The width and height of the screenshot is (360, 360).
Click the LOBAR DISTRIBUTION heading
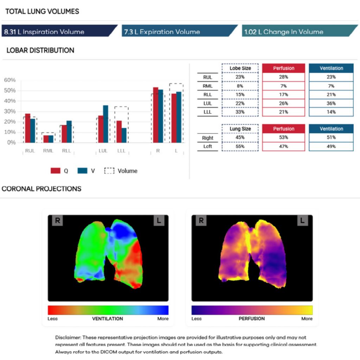click(40, 50)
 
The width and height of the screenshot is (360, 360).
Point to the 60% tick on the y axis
click(10, 80)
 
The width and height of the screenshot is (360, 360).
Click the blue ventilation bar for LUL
click(105, 124)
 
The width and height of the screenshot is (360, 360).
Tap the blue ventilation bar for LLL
click(124, 135)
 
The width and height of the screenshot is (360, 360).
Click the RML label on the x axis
click(48, 151)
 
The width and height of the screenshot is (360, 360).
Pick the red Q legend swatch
click(56, 171)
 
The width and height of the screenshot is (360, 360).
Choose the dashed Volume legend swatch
click(109, 171)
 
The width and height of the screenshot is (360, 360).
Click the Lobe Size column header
click(240, 68)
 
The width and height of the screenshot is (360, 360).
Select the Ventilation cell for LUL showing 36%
click(331, 103)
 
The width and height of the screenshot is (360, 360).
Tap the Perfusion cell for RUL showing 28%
click(284, 77)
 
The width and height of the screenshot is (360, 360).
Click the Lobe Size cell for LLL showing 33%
click(240, 112)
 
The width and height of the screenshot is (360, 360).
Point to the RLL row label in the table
click(207, 95)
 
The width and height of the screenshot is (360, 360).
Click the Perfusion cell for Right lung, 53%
click(284, 137)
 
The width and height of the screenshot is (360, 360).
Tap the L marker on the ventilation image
click(159, 220)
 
